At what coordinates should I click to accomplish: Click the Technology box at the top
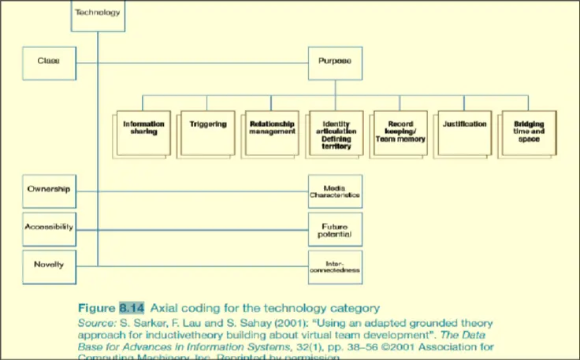pyautogui.click(x=98, y=13)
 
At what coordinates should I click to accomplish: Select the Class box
pyautogui.click(x=49, y=61)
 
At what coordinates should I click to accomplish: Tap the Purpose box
pyautogui.click(x=335, y=61)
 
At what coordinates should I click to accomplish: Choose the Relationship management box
pyautogui.click(x=271, y=128)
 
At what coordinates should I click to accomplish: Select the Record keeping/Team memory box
pyautogui.click(x=401, y=131)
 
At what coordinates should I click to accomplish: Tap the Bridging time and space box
pyautogui.click(x=529, y=131)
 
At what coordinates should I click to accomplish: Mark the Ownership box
pyautogui.click(x=49, y=190)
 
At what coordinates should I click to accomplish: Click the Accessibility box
pyautogui.click(x=49, y=227)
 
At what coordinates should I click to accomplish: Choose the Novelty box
pyautogui.click(x=49, y=264)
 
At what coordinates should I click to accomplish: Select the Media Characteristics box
pyautogui.click(x=336, y=191)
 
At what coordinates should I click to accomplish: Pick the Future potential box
pyautogui.click(x=336, y=229)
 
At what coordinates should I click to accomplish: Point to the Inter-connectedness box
pyautogui.click(x=336, y=265)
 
